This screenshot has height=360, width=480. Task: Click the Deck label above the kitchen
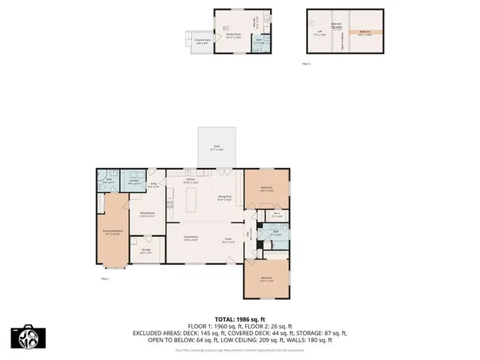click(217, 148)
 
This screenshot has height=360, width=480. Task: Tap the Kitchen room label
click(190, 181)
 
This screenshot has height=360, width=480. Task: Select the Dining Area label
click(224, 198)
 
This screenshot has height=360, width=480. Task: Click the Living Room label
click(190, 238)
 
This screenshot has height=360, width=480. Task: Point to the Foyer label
click(228, 240)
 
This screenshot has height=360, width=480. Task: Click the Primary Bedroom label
click(112, 232)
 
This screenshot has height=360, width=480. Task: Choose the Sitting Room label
click(147, 214)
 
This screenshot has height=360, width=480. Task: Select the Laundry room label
click(133, 180)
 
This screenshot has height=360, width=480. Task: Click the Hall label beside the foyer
click(249, 233)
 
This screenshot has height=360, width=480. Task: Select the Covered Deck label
click(201, 41)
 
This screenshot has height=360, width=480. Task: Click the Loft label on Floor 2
click(319, 31)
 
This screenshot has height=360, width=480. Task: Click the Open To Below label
click(343, 34)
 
